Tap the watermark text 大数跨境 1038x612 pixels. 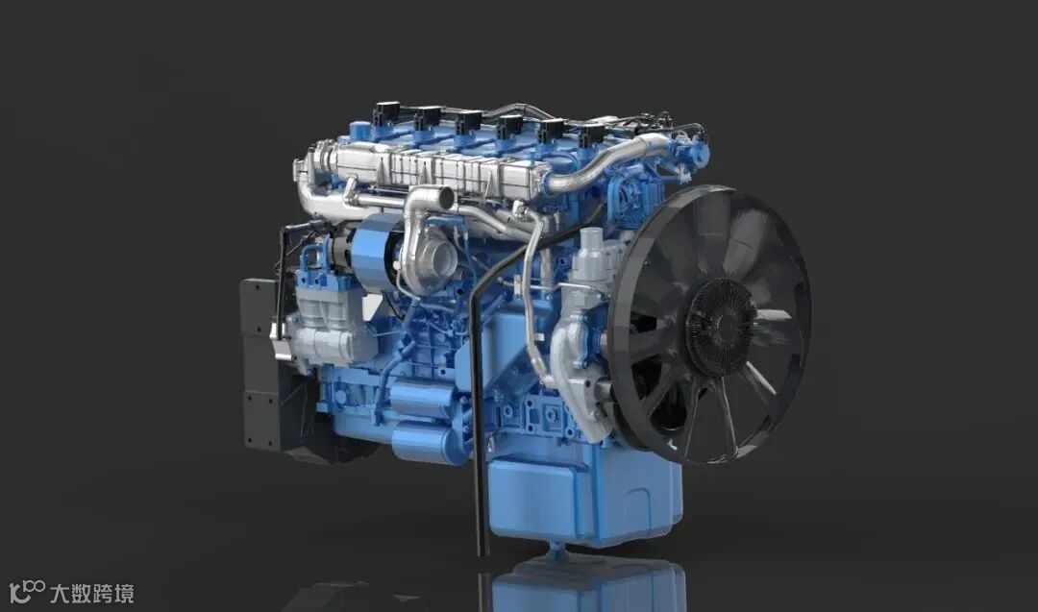coord(92,593)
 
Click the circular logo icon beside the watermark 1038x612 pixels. coord(27,592)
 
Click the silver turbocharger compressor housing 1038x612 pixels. coord(427,259)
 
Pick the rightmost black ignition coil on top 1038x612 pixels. coord(592,135)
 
